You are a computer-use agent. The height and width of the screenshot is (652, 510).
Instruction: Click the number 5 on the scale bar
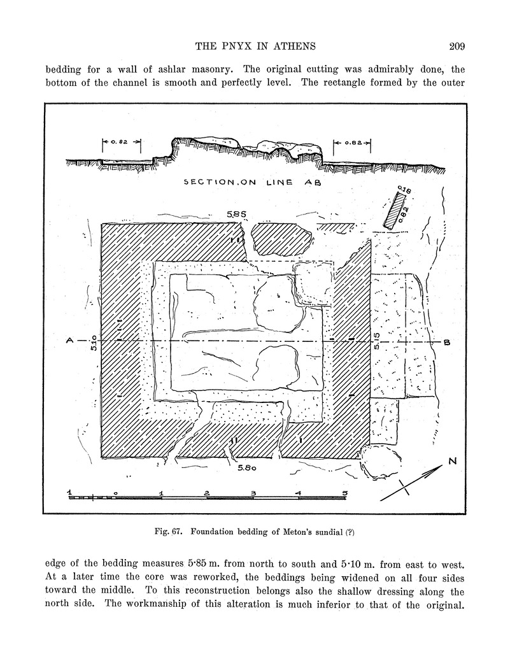(344, 493)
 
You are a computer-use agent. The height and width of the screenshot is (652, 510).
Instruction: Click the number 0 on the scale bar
(116, 493)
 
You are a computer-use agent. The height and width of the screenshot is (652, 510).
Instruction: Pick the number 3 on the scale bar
(253, 493)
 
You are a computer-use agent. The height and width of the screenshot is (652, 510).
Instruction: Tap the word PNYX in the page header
(239, 46)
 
